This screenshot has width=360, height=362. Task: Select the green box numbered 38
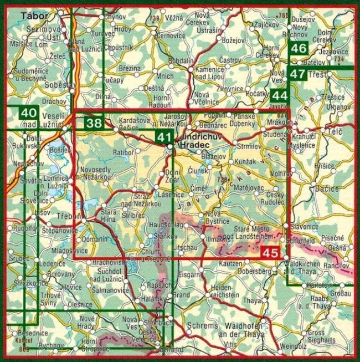tap(94, 123)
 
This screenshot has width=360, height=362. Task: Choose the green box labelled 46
tap(298, 49)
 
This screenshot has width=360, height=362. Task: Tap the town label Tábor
tap(32, 17)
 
